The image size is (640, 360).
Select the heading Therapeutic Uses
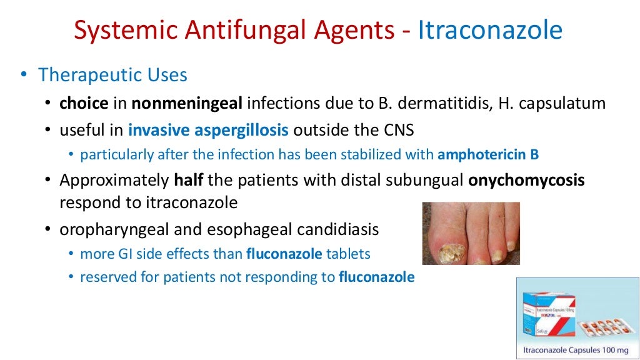[x=112, y=75]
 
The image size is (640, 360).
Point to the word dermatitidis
[x=434, y=103]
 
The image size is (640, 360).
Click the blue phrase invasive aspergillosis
[x=208, y=131]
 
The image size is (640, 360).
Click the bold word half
[x=189, y=181]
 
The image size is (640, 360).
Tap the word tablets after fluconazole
[x=349, y=254]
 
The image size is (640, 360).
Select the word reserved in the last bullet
[x=102, y=277]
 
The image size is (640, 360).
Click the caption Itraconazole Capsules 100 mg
[x=577, y=349]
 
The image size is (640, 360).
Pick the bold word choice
[x=84, y=103]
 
